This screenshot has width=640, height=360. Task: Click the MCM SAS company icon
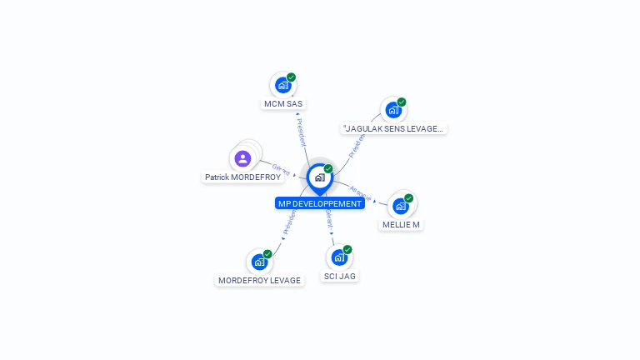(x=283, y=85)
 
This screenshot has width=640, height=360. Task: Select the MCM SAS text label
(x=283, y=104)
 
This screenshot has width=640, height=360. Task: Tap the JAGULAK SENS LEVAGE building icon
(x=393, y=109)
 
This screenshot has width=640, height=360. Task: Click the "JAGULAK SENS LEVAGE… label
(x=394, y=128)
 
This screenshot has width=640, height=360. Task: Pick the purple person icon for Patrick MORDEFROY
(x=242, y=158)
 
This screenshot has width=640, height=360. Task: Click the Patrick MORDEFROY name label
(x=243, y=177)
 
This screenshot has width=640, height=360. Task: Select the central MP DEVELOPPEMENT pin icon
(x=319, y=177)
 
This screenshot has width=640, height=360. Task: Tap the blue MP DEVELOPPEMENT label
(x=320, y=203)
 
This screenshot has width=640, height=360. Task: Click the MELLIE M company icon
(x=401, y=206)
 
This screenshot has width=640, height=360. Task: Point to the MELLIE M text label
(x=401, y=225)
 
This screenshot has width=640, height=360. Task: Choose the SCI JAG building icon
(x=339, y=257)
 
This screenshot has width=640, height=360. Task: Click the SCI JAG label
(x=340, y=276)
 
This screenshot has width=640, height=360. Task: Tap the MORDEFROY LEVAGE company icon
(x=259, y=262)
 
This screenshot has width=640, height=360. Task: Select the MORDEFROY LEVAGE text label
(x=259, y=281)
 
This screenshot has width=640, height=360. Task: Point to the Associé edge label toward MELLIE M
(x=360, y=192)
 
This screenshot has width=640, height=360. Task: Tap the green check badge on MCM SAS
(x=291, y=77)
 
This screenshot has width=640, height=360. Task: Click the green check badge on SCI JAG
(x=347, y=249)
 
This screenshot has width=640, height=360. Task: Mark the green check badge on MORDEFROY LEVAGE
(x=267, y=254)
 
